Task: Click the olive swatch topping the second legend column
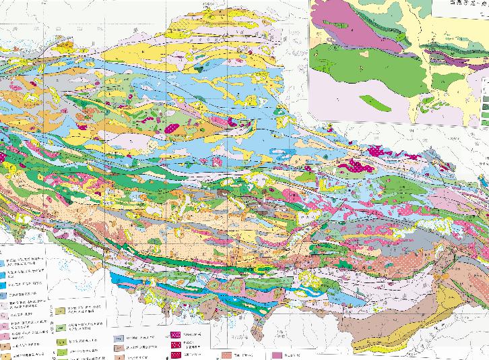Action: point(60,312)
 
